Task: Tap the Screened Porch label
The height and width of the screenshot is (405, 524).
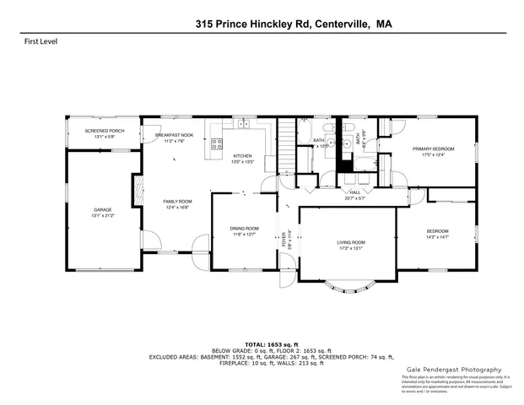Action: point(105,131)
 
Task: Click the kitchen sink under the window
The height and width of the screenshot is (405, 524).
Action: point(243,125)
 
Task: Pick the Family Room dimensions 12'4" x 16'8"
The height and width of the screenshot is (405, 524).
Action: point(178,207)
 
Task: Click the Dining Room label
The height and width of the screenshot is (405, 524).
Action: point(244,229)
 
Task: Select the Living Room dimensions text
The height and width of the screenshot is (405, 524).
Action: point(350,248)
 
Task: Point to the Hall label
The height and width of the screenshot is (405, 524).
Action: point(355,192)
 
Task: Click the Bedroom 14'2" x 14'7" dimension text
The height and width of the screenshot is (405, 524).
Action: point(436,237)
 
